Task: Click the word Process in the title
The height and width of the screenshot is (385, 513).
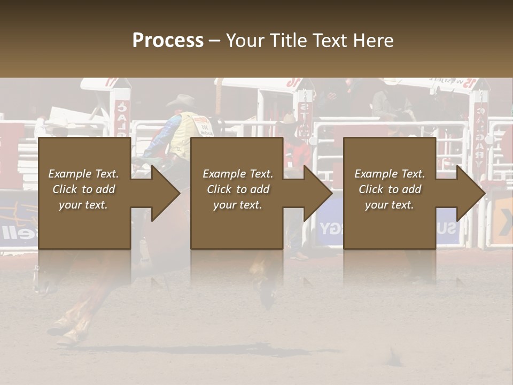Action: click(168, 41)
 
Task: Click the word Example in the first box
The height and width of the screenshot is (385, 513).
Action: click(69, 174)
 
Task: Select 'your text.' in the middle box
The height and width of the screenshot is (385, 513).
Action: click(237, 205)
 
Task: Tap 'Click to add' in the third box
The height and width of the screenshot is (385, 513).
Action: click(390, 189)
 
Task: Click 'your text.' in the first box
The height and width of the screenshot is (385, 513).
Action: click(83, 205)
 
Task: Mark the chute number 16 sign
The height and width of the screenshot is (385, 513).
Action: click(292, 83)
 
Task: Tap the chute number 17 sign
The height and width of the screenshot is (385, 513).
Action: click(112, 82)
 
